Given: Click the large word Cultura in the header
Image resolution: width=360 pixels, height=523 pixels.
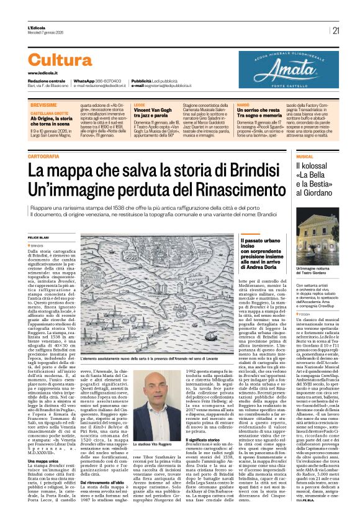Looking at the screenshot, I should coord(60,60).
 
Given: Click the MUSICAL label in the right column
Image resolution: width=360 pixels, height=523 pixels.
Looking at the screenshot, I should coord(323,157).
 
